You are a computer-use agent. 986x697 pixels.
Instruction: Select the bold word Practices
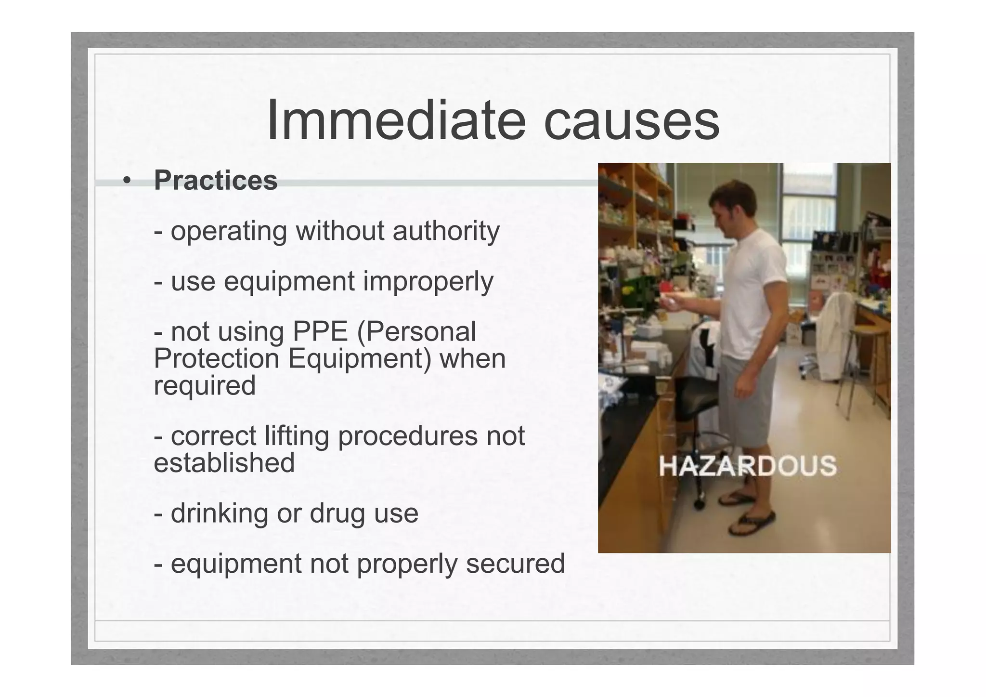click(x=216, y=180)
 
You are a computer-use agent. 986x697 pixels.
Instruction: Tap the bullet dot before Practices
click(x=127, y=181)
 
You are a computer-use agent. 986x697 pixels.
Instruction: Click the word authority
click(x=446, y=231)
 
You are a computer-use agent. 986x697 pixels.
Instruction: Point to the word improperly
click(x=428, y=282)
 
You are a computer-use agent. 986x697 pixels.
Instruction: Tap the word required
click(x=205, y=385)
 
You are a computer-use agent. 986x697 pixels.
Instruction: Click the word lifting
click(x=297, y=436)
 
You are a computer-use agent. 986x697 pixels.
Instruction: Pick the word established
click(x=224, y=463)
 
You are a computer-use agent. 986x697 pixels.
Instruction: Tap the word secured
click(x=515, y=564)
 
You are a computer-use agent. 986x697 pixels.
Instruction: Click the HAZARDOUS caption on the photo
click(x=747, y=466)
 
